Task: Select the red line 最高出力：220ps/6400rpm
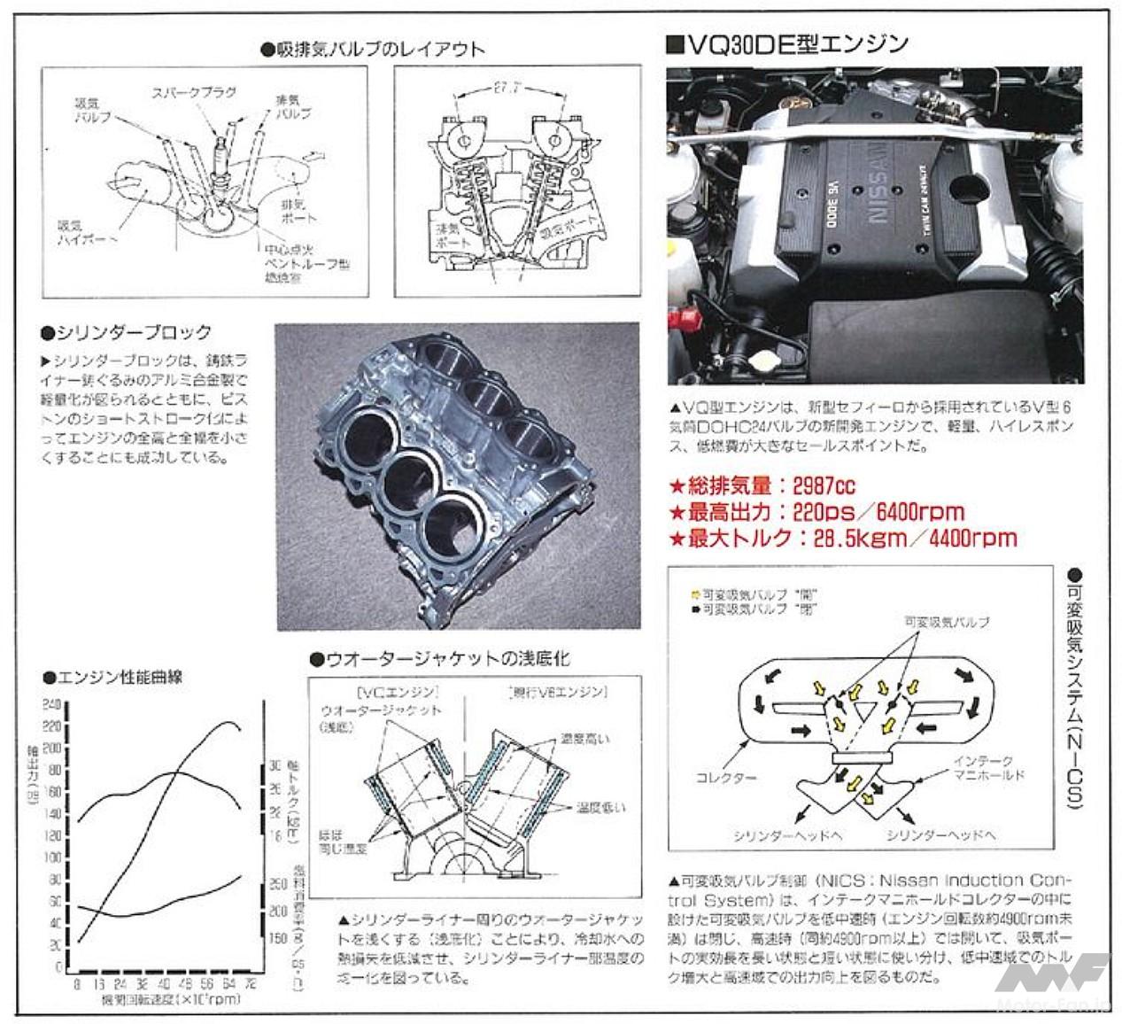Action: [815, 511]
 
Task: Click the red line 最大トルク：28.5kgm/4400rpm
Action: [841, 538]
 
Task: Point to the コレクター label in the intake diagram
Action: [726, 778]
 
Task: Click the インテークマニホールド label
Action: [988, 768]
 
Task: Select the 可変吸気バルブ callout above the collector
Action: [947, 622]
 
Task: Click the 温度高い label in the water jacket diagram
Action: [584, 738]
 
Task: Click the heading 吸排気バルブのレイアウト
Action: [373, 49]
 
